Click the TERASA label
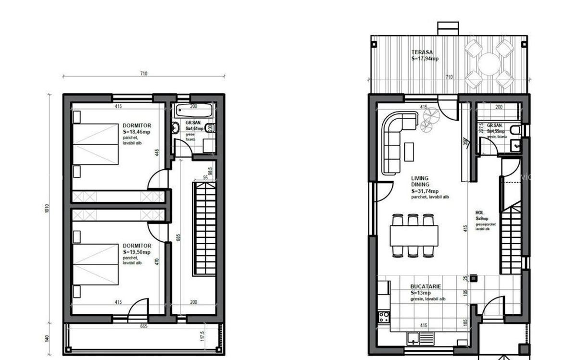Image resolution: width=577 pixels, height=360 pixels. (x=422, y=52)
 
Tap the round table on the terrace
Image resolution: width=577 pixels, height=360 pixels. (x=489, y=64)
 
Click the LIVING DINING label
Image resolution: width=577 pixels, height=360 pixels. (x=420, y=181)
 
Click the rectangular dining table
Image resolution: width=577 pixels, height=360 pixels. (x=414, y=236)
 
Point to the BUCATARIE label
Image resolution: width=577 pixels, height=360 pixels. (x=426, y=286)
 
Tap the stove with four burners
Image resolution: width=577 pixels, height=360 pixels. (x=384, y=317)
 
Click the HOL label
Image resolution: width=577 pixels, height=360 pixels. (x=479, y=212)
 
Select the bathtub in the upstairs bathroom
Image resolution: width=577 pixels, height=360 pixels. (x=194, y=111)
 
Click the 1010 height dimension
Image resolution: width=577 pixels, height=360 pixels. (x=47, y=209)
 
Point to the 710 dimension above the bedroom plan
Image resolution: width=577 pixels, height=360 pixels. (x=143, y=74)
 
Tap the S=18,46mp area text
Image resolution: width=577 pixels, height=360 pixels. (x=137, y=131)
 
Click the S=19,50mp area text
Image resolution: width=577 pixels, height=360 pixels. (x=137, y=252)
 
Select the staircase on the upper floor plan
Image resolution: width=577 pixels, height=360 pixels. (x=204, y=228)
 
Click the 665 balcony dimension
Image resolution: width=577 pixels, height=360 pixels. (x=143, y=326)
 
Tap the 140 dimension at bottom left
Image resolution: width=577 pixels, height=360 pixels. (x=47, y=338)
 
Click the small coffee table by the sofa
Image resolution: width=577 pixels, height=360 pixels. (x=409, y=151)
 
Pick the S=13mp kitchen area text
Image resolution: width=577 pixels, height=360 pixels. (x=421, y=293)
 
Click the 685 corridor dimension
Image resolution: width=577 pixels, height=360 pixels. (x=178, y=237)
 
